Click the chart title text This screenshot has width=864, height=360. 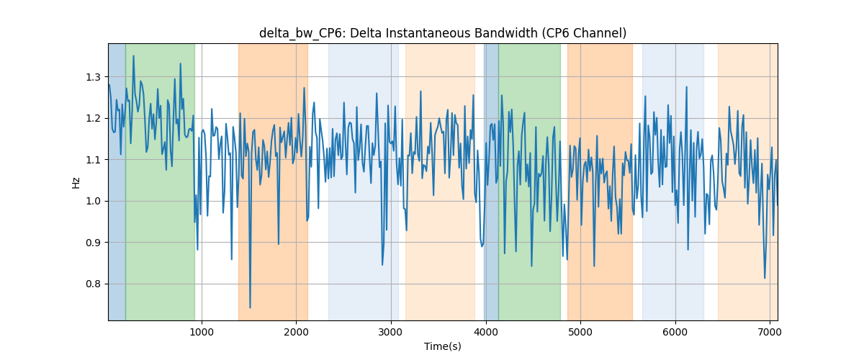(443, 33)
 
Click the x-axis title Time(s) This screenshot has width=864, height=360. (443, 346)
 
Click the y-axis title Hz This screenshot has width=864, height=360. (76, 183)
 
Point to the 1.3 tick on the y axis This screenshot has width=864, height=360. (93, 77)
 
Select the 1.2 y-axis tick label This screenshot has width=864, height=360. (93, 119)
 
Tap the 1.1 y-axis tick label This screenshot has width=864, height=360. (93, 160)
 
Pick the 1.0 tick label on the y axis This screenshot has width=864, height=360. (93, 201)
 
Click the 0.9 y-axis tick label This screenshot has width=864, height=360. (93, 243)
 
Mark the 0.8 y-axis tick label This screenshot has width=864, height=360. (93, 284)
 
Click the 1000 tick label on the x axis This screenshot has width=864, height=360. (202, 332)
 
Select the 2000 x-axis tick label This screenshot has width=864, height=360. (296, 332)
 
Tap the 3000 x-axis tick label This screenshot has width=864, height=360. (391, 332)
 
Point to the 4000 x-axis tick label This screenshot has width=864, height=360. (486, 332)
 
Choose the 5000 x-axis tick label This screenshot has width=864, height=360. (580, 332)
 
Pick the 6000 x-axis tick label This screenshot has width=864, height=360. (675, 332)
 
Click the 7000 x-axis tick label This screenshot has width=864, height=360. (770, 332)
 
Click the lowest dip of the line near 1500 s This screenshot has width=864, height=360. (250, 307)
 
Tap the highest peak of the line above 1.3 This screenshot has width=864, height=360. (133, 56)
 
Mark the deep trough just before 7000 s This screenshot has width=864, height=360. (765, 278)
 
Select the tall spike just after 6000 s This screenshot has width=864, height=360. (687, 87)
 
